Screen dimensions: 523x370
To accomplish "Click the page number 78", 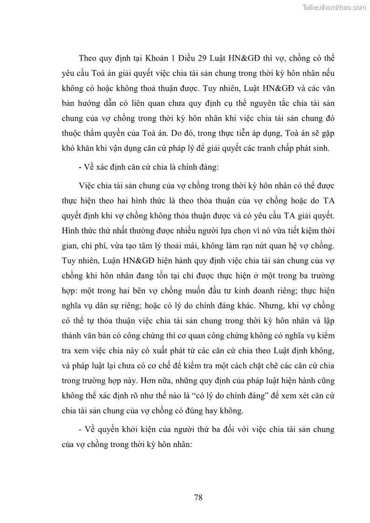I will [x=198, y=497].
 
